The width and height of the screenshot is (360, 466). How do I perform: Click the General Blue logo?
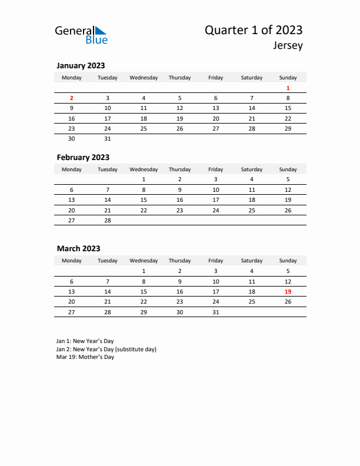[x=81, y=35]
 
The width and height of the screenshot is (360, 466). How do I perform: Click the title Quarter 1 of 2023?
[x=254, y=30]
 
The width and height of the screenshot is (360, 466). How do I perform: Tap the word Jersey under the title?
[x=288, y=45]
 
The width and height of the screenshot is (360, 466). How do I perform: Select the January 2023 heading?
[x=81, y=66]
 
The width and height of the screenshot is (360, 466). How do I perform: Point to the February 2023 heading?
[x=83, y=157]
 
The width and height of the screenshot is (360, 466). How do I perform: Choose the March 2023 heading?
[x=78, y=248]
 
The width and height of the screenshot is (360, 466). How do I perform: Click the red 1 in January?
[x=288, y=88]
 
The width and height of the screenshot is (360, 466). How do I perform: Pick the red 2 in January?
[x=72, y=98]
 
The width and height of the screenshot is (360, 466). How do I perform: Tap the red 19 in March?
[x=288, y=292]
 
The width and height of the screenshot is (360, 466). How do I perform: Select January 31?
[x=108, y=139]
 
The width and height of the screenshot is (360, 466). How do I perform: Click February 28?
[x=108, y=220]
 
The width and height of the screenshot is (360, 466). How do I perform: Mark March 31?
[x=216, y=312]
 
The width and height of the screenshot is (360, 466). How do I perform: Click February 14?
[x=108, y=199]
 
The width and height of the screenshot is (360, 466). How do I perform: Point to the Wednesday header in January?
[x=144, y=78]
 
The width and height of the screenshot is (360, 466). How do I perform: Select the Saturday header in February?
[x=252, y=169]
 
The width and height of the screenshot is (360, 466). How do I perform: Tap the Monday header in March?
[x=72, y=261]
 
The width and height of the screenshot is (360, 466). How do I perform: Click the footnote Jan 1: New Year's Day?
[x=85, y=341]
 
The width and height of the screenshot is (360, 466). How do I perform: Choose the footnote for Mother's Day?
[x=85, y=357]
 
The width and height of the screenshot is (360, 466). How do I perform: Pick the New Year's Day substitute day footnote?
[x=106, y=349]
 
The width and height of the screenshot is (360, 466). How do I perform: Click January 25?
[x=144, y=128]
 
